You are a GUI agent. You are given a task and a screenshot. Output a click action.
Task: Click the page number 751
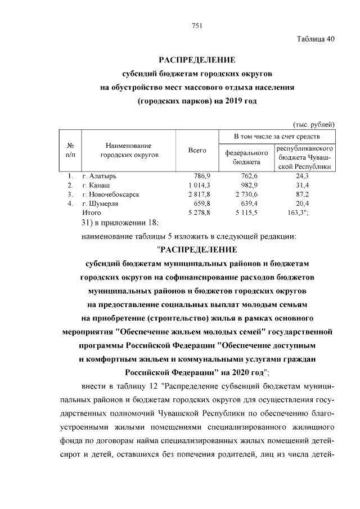[x=196, y=25]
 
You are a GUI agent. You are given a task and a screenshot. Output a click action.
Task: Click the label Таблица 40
[x=316, y=39]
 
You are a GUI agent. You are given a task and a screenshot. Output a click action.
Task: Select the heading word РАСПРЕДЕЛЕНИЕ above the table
[x=196, y=60]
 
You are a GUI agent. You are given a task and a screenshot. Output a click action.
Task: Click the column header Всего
[x=197, y=150]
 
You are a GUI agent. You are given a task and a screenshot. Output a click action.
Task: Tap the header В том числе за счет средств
[x=277, y=137]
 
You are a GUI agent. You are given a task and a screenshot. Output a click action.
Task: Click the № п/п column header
[x=70, y=150]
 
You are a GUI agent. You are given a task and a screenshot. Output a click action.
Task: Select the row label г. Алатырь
[x=100, y=176]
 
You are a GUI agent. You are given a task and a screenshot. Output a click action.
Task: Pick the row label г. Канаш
[x=96, y=185]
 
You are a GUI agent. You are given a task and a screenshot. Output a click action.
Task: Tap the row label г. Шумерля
[x=101, y=203]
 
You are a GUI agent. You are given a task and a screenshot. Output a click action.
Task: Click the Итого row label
[x=91, y=213]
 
